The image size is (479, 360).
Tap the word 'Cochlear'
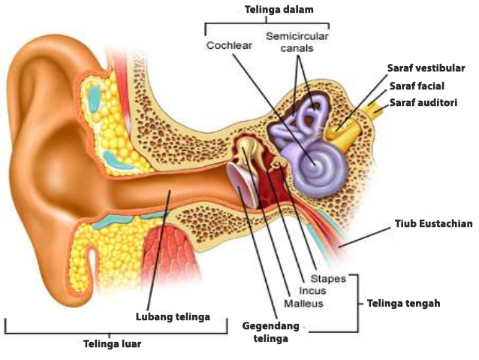[230, 45]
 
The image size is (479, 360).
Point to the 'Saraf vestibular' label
[426, 68]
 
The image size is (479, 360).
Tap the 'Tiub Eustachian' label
[434, 224]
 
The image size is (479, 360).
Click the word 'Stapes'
[329, 279]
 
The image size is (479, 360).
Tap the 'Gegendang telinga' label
[270, 331]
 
